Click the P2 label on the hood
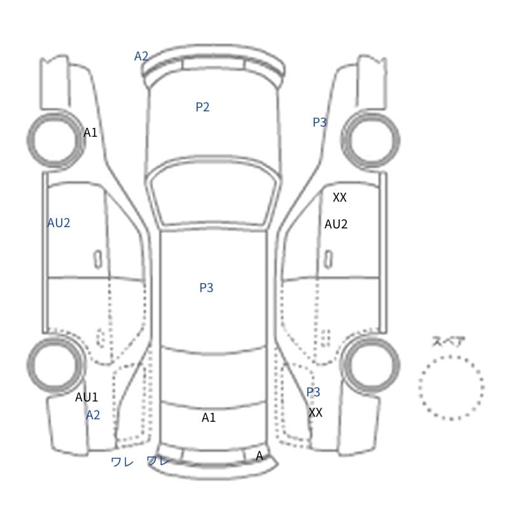click(202, 107)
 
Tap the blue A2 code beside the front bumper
click(141, 56)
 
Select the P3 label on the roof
click(206, 288)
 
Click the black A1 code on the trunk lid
click(209, 417)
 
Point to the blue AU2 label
click(59, 223)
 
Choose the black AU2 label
click(336, 224)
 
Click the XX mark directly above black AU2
click(340, 197)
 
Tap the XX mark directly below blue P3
click(315, 412)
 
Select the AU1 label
click(87, 397)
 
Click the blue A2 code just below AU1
click(93, 415)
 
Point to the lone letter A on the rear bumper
click(259, 456)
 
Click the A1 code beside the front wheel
click(90, 132)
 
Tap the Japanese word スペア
click(443, 342)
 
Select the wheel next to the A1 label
click(29, 140)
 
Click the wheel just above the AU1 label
click(29, 365)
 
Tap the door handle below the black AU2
click(328, 260)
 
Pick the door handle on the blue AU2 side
click(98, 260)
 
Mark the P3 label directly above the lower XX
click(313, 392)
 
